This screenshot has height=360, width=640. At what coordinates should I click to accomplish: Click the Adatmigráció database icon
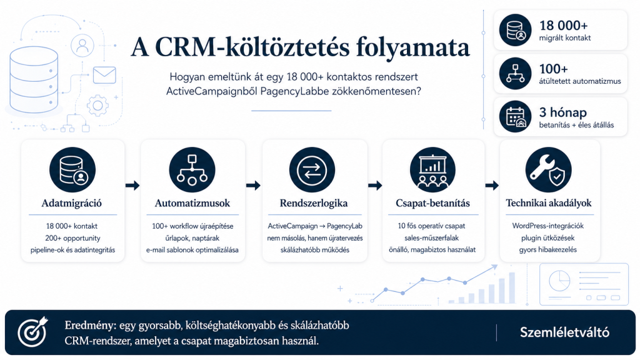(72, 170)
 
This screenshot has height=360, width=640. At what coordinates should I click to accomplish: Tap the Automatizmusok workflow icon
(192, 170)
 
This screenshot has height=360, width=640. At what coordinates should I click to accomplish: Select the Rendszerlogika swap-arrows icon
(312, 170)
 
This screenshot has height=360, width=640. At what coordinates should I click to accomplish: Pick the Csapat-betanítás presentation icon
(432, 170)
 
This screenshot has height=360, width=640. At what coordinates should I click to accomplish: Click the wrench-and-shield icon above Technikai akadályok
(548, 170)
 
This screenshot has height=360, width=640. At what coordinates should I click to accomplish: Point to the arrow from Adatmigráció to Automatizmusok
(132, 186)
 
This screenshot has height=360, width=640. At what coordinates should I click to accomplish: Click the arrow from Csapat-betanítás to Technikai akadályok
(492, 186)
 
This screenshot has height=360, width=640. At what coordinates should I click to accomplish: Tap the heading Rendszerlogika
(314, 203)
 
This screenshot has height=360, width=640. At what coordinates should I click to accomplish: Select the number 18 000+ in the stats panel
(563, 25)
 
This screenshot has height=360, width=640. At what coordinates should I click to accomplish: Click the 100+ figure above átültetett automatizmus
(554, 69)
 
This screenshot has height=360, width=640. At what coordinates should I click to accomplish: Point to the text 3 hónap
(563, 112)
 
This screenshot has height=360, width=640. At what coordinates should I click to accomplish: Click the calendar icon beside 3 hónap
(515, 116)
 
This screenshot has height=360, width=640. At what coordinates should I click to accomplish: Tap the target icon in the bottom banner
(32, 332)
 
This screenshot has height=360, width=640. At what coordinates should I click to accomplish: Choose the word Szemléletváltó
(564, 332)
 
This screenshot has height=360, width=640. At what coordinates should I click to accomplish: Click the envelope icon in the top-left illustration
(104, 75)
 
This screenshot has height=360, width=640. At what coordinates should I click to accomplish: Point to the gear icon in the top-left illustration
(97, 106)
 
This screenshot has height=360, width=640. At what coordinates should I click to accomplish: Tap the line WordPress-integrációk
(547, 226)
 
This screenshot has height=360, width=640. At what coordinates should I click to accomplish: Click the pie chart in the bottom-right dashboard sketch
(559, 281)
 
